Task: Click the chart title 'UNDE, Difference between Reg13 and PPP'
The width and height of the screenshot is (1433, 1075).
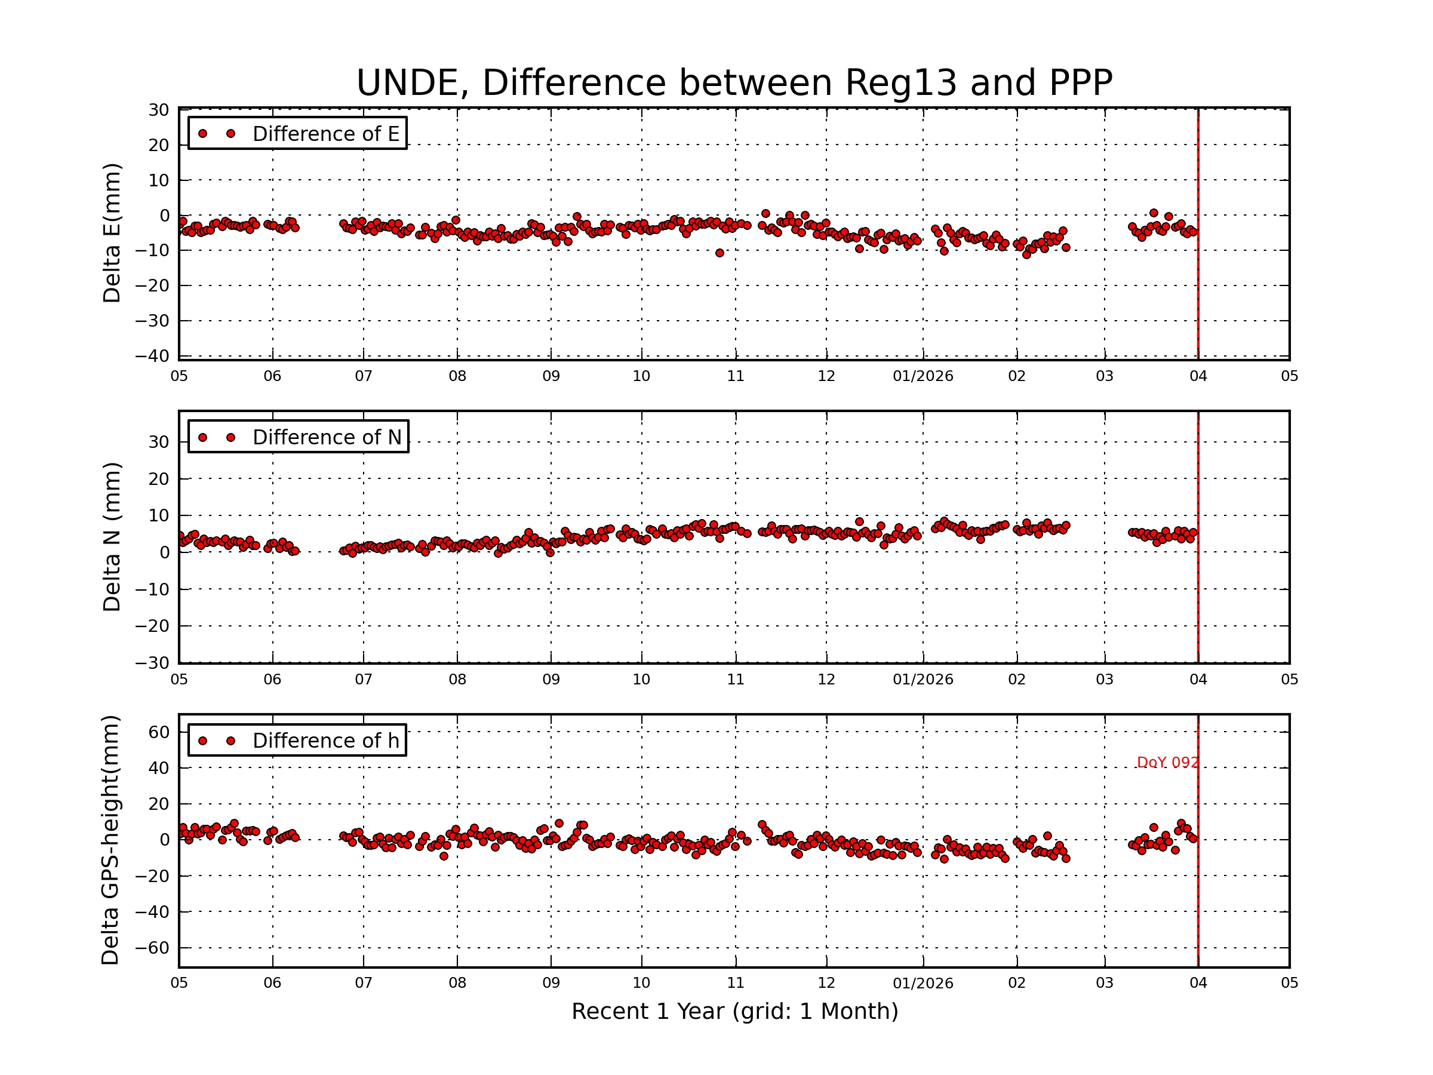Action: point(734,83)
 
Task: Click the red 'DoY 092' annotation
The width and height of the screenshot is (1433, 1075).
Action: point(1167,763)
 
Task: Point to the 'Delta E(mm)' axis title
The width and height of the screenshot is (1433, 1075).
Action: point(112,234)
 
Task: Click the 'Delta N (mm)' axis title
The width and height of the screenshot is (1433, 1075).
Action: point(112,536)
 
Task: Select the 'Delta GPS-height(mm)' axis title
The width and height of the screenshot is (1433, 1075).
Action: point(110,840)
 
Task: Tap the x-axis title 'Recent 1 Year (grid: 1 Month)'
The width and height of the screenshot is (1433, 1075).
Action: point(734,1012)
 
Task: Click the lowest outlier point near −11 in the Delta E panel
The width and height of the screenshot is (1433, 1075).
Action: point(719,253)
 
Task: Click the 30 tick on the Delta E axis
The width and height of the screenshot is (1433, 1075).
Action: point(159,110)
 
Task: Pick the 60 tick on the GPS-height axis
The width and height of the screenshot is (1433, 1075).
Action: point(159,732)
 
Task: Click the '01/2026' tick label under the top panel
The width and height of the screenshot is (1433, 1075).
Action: point(922,376)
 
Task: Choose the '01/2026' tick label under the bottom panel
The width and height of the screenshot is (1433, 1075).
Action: point(922,983)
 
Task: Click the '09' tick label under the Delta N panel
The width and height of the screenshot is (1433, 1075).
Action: point(551,680)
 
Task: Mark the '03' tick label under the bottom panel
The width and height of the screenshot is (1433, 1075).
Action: point(1105,983)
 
